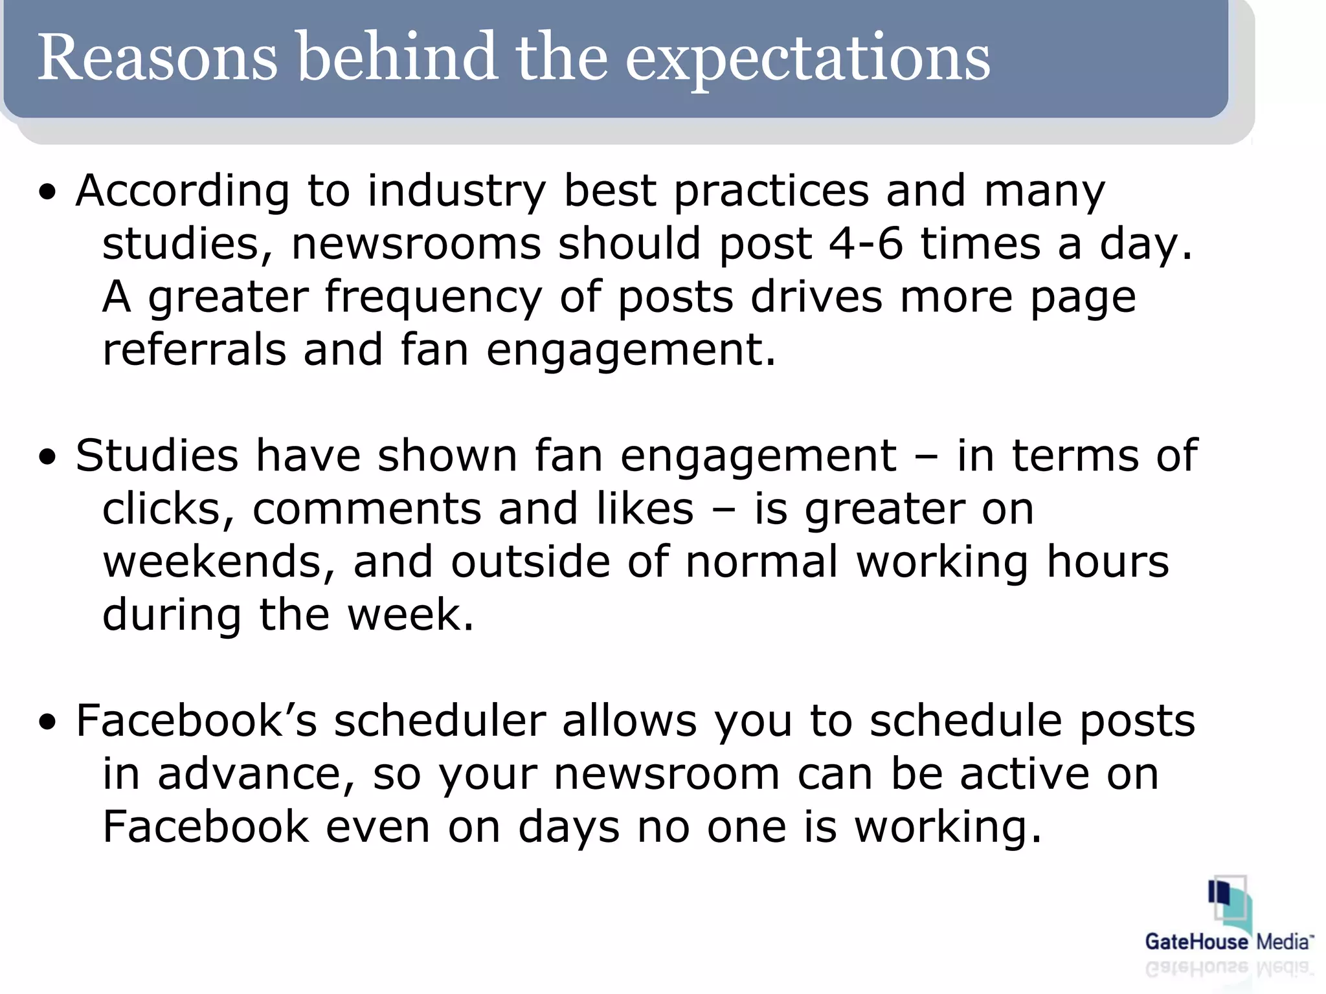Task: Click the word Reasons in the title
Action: click(157, 58)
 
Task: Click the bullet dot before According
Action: click(47, 193)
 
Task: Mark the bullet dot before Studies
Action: click(47, 458)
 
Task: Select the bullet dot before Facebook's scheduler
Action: click(47, 723)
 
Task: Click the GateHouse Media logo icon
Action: click(1229, 903)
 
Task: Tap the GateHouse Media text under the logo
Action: click(1229, 942)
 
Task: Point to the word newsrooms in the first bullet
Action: click(416, 245)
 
